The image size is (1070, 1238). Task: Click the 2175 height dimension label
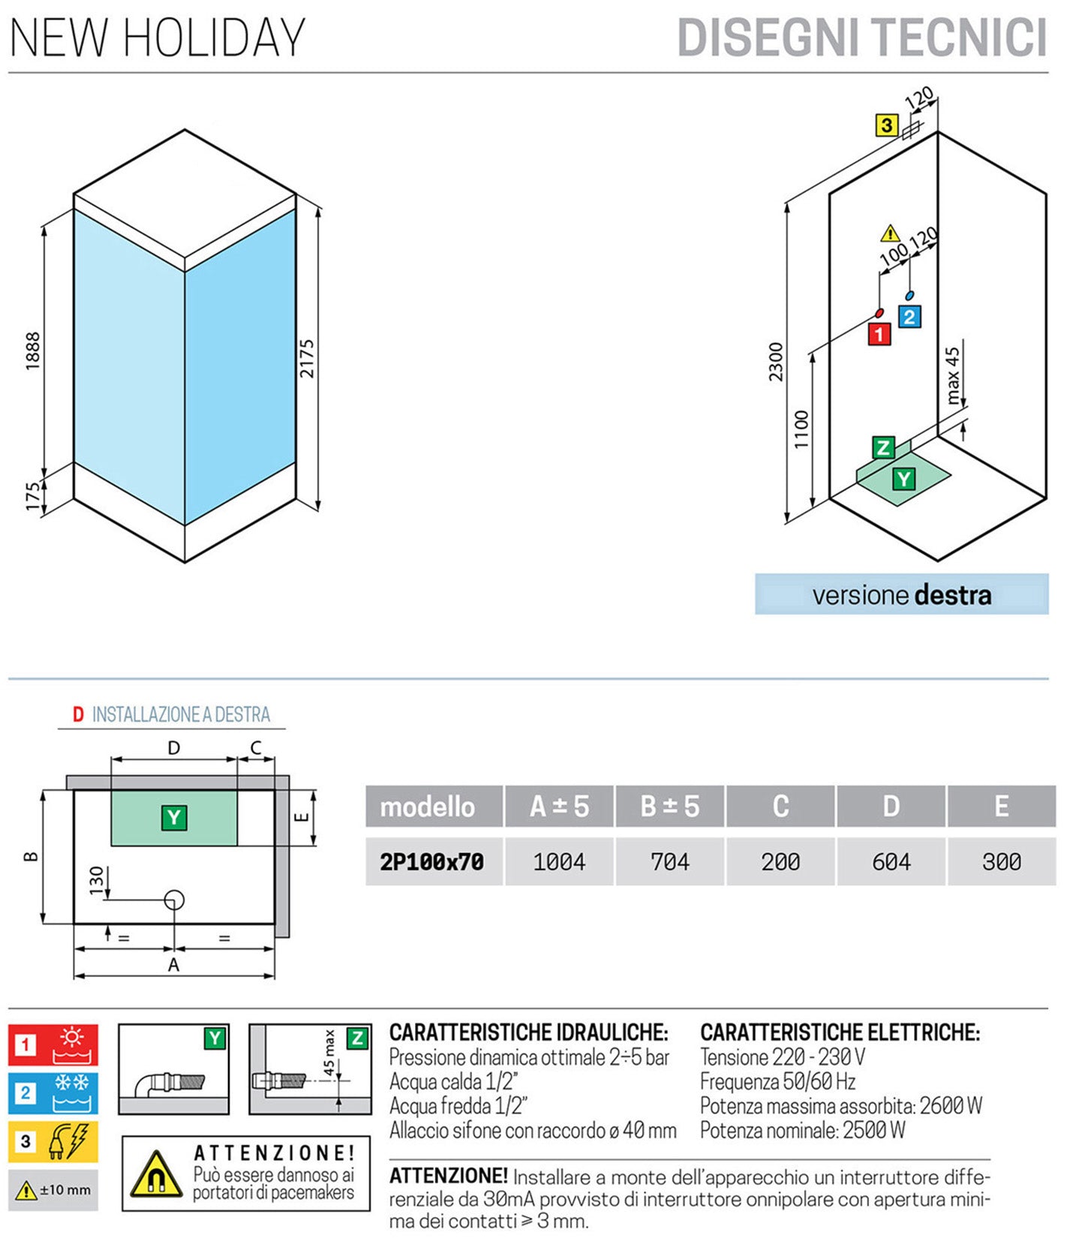307,359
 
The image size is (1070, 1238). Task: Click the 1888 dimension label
33,350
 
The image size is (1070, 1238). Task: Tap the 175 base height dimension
33,497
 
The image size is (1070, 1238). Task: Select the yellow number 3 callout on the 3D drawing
887,125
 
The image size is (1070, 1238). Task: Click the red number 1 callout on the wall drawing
879,334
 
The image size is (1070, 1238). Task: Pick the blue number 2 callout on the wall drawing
909,317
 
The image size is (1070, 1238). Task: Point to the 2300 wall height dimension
776,362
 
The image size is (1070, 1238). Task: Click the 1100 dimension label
801,429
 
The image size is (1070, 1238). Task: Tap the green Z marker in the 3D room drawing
883,448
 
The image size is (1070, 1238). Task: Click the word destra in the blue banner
953,596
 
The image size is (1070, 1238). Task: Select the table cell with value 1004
559,862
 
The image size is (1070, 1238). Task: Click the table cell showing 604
891,862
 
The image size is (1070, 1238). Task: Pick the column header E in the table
1001,807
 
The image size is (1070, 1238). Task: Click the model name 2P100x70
432,862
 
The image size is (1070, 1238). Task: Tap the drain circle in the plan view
174,900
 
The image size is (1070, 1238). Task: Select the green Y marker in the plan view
174,817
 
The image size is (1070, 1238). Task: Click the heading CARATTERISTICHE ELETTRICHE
840,1032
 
